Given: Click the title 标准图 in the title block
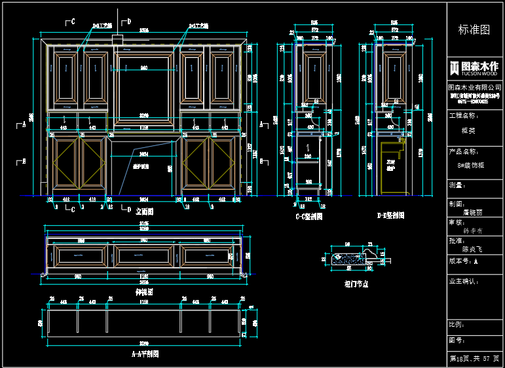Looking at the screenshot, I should [x=474, y=30].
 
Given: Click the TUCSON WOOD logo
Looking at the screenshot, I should [x=474, y=67].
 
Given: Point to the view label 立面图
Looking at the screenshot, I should [x=145, y=212].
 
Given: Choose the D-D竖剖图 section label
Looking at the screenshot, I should [x=390, y=215].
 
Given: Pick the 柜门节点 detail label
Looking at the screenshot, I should [x=356, y=284].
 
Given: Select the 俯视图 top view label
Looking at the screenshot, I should [x=144, y=291].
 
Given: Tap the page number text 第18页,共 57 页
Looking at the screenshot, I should [x=474, y=359].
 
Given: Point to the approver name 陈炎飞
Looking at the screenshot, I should [x=472, y=249].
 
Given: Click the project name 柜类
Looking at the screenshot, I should [x=469, y=130].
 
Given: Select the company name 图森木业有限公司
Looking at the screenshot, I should [x=474, y=87].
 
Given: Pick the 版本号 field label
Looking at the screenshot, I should [x=461, y=260].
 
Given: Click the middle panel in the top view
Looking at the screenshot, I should [x=144, y=256].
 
